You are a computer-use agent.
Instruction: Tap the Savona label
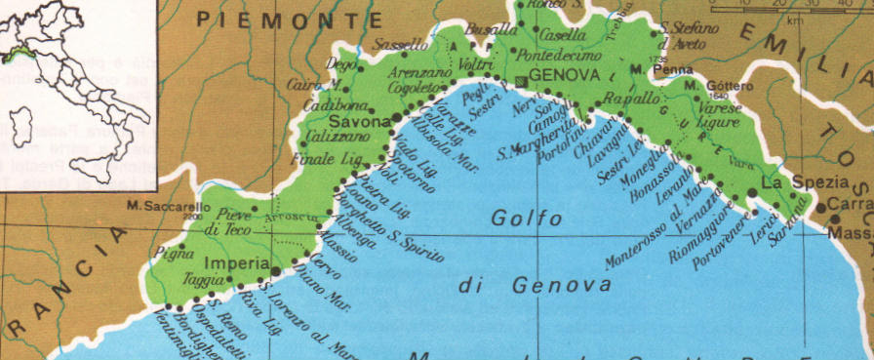pos(359,122)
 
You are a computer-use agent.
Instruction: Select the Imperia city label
pos(237,263)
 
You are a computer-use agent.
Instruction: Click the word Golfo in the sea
pos(526,219)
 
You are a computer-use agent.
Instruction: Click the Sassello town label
pos(401,45)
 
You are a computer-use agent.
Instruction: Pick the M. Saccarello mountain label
pos(167,206)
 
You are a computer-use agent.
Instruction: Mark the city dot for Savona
pos(396,117)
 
